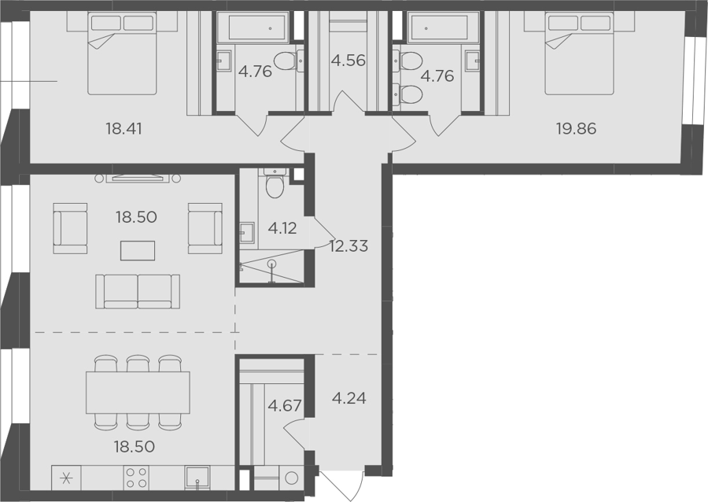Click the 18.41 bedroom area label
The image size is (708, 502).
(124, 129)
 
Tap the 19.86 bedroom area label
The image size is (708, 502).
(576, 129)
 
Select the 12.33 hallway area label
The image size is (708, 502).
(348, 246)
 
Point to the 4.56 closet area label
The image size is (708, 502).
(348, 60)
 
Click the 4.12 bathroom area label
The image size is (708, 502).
(282, 228)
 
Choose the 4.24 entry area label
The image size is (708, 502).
(349, 398)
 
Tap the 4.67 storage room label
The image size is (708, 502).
(285, 405)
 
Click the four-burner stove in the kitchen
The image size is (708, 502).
(136, 478)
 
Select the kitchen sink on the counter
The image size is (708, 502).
(197, 478)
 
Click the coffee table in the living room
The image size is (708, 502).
(138, 250)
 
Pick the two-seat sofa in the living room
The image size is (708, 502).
(138, 292)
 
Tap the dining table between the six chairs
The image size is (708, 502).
(138, 393)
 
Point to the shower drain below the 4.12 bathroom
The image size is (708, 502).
(272, 263)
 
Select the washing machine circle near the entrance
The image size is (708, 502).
(292, 478)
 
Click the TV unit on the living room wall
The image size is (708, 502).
(138, 179)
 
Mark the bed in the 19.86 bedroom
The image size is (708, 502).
(579, 54)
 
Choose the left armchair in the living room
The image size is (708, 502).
(70, 228)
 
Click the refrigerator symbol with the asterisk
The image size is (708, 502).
(66, 478)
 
